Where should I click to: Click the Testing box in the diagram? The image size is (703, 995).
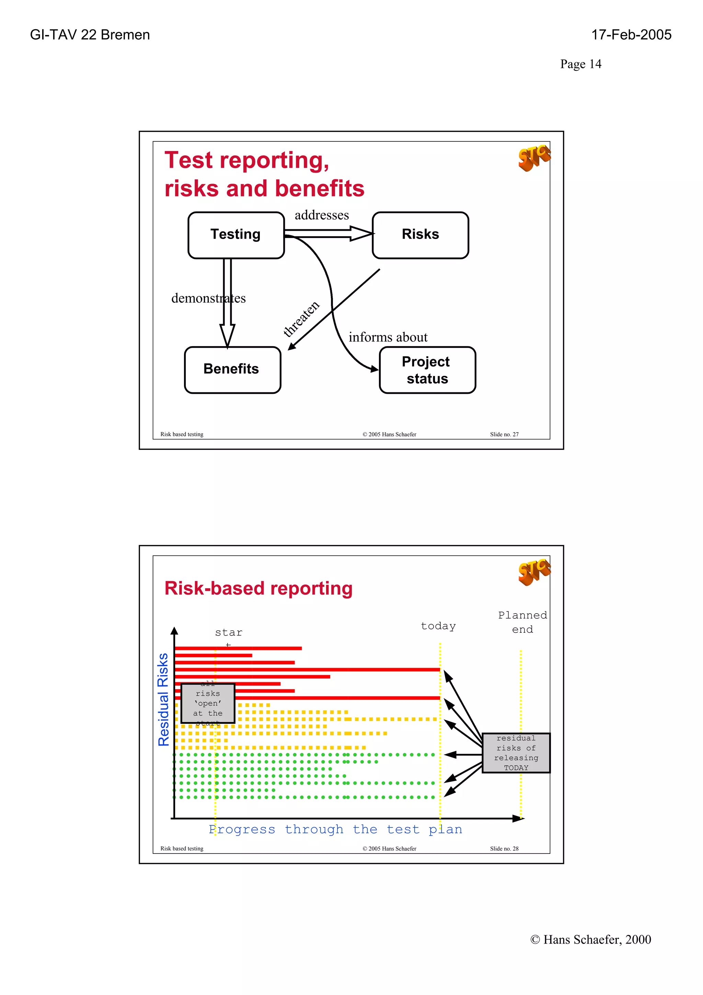click(x=235, y=235)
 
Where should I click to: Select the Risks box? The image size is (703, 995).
click(x=420, y=235)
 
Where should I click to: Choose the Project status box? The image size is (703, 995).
click(x=427, y=370)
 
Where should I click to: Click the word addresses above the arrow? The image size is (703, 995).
click(x=321, y=215)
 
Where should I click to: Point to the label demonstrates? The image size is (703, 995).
click(x=208, y=298)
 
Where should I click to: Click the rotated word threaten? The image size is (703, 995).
click(x=301, y=319)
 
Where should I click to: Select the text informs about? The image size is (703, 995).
click(x=388, y=337)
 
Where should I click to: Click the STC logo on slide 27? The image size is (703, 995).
click(x=534, y=157)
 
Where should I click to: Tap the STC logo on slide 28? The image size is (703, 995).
click(x=534, y=572)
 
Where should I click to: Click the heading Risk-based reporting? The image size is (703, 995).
click(x=258, y=588)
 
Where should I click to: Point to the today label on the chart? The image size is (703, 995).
click(x=438, y=626)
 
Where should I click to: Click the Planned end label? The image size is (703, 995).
click(x=522, y=622)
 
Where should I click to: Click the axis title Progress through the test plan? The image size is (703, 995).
click(x=335, y=829)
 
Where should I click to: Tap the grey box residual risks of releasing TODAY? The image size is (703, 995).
click(x=516, y=753)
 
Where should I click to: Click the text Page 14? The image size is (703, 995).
click(x=580, y=64)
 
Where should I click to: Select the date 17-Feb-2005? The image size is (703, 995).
click(x=631, y=35)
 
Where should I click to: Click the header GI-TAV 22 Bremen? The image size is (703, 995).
click(x=90, y=35)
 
